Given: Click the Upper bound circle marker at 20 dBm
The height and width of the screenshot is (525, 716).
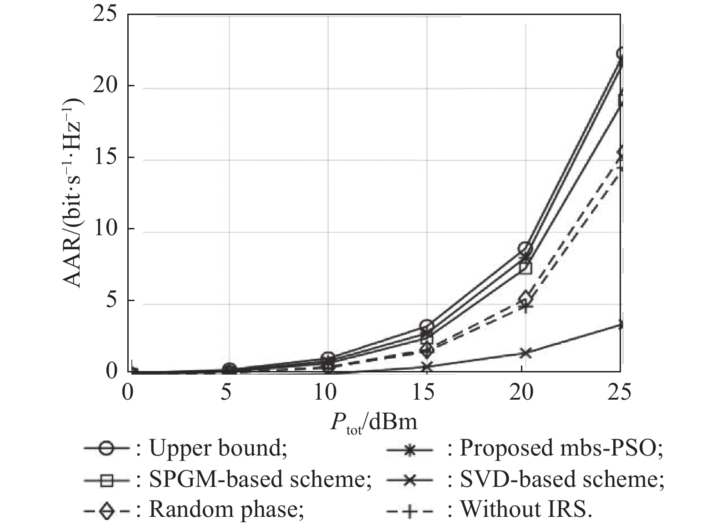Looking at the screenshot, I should coord(525,248).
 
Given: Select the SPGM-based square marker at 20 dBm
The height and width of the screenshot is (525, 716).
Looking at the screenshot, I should coord(525,267).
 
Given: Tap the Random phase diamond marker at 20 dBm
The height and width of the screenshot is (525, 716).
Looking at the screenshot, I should coord(525,298).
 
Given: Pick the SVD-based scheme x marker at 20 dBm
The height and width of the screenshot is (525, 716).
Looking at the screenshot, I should coord(525,353).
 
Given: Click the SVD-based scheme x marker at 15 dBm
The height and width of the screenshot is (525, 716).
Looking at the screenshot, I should coord(426,367).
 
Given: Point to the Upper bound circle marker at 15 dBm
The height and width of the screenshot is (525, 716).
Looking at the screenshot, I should coord(426,325).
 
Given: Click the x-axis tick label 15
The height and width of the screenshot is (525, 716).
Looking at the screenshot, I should coord(425,391).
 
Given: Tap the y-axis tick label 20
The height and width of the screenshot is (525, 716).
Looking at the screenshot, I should coord(105,86).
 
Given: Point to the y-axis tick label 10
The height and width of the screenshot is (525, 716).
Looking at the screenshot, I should coord(105,229).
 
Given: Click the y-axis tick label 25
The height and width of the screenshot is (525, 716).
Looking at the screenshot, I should coord(105,15).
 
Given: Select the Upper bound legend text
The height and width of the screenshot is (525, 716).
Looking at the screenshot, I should coord(218,448).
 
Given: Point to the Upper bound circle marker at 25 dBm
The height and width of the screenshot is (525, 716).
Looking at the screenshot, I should coord(620,54).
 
